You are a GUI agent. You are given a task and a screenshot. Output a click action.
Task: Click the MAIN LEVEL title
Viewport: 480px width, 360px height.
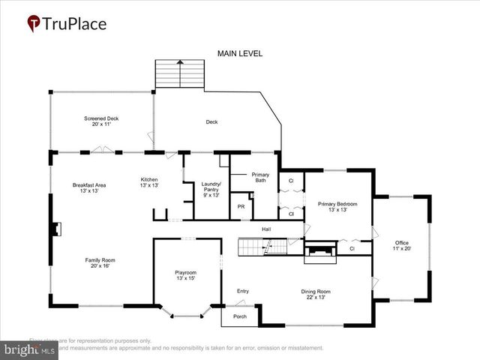tap(238, 53)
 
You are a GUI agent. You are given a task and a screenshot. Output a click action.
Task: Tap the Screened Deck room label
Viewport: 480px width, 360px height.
tap(100, 121)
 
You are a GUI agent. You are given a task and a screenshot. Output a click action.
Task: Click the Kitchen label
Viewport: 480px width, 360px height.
tap(150, 182)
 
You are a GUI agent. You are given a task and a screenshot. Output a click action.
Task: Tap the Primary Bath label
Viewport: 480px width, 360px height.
tap(260, 178)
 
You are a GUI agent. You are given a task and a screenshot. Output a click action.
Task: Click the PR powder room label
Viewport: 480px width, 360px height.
tap(241, 206)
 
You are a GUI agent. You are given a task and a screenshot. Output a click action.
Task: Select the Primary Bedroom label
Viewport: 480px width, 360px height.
tap(337, 207)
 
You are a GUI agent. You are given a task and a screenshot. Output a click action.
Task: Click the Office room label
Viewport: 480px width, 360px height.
tap(402, 246)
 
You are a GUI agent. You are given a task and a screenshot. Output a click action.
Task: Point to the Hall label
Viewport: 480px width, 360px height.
tap(266, 229)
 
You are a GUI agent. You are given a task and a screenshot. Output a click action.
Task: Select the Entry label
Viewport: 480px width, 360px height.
tap(242, 291)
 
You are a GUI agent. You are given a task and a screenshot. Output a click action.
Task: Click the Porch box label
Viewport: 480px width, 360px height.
tap(239, 316)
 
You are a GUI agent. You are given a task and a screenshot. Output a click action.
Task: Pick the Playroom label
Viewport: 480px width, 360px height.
tap(185, 275)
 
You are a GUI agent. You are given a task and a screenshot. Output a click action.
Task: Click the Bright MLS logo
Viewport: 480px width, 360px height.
tap(30, 349)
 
